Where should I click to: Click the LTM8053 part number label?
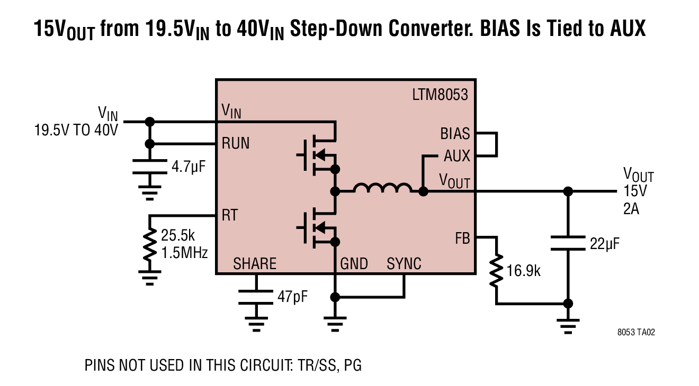pos(440,95)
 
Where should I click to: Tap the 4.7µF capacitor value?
pos(189,167)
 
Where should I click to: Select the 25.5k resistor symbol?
pos(150,245)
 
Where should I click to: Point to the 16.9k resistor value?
pos(523,271)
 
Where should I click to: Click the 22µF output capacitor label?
pos(604,244)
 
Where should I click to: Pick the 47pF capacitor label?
pos(292,297)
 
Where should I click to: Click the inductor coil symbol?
pos(382,188)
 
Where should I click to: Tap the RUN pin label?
pos(236,144)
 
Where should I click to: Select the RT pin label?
pos(230,215)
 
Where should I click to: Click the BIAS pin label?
pos(455,134)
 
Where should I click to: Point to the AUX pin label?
pos(457,156)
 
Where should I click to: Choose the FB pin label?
pos(462,238)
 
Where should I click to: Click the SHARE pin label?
pos(255,264)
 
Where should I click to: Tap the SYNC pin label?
pos(404,264)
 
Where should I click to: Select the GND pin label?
pos(354,264)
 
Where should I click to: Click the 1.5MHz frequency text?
pos(184,253)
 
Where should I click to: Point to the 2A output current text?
pos(631,209)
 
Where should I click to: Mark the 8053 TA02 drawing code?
pos(636,333)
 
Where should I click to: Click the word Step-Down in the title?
pos(336,29)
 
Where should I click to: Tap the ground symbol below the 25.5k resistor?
pos(150,278)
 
